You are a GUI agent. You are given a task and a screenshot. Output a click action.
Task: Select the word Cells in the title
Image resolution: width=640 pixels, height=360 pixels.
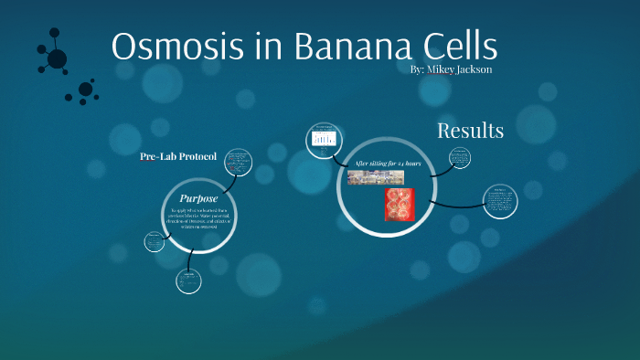tap(451, 48)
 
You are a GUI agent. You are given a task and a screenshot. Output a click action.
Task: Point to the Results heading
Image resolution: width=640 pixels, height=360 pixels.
tap(470, 131)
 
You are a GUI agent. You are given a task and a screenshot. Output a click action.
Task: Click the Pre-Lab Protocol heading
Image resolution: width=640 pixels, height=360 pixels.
tap(178, 156)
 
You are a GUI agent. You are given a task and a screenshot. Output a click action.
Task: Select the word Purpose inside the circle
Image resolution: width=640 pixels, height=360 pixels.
tap(198, 198)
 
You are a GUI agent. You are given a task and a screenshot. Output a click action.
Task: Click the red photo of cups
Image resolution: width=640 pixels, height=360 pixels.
tap(400, 204)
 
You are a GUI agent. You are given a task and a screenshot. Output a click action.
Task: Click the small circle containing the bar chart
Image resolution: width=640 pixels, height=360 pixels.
tap(323, 139)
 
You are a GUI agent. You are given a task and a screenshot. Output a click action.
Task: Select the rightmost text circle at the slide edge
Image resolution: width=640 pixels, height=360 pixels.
tap(500, 201)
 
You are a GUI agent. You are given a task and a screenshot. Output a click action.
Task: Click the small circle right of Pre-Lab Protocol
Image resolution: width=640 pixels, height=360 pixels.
tap(239, 164)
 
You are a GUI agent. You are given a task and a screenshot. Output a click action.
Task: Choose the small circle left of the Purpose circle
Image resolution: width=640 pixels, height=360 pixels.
tap(155, 243)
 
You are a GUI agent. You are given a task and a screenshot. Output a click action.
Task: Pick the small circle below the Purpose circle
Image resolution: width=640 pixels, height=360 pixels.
tap(189, 281)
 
